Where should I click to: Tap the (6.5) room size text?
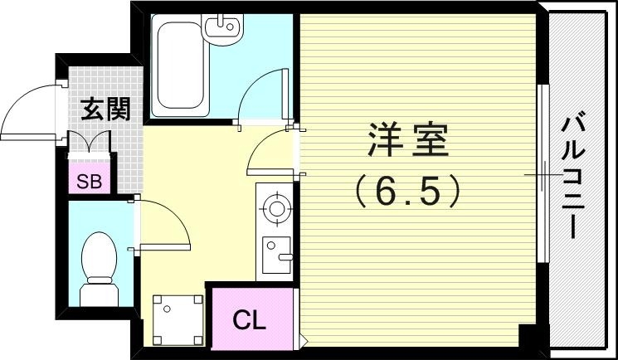(x=407, y=193)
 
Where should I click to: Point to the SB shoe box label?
(x=89, y=182)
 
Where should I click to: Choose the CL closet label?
(x=249, y=320)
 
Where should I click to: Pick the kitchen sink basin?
(x=275, y=250)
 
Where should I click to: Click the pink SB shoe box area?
(x=89, y=182)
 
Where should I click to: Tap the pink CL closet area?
(x=249, y=320)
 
